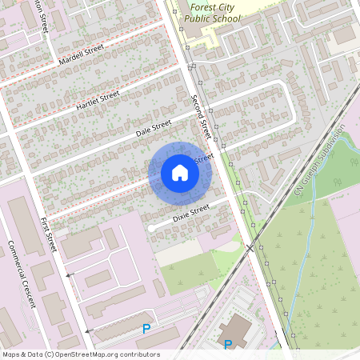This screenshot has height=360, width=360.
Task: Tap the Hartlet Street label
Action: pyautogui.click(x=97, y=101)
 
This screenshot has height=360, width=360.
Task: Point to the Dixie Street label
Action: pyautogui.click(x=190, y=212)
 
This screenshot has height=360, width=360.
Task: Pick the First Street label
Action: pyautogui.click(x=49, y=234)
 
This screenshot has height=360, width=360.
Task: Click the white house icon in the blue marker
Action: pyautogui.click(x=180, y=173)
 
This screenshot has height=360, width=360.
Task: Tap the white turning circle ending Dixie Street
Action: pyautogui.click(x=151, y=229)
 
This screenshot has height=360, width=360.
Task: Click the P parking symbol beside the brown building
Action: pyautogui.click(x=228, y=345)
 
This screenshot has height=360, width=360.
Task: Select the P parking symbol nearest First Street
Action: pyautogui.click(x=146, y=328)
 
